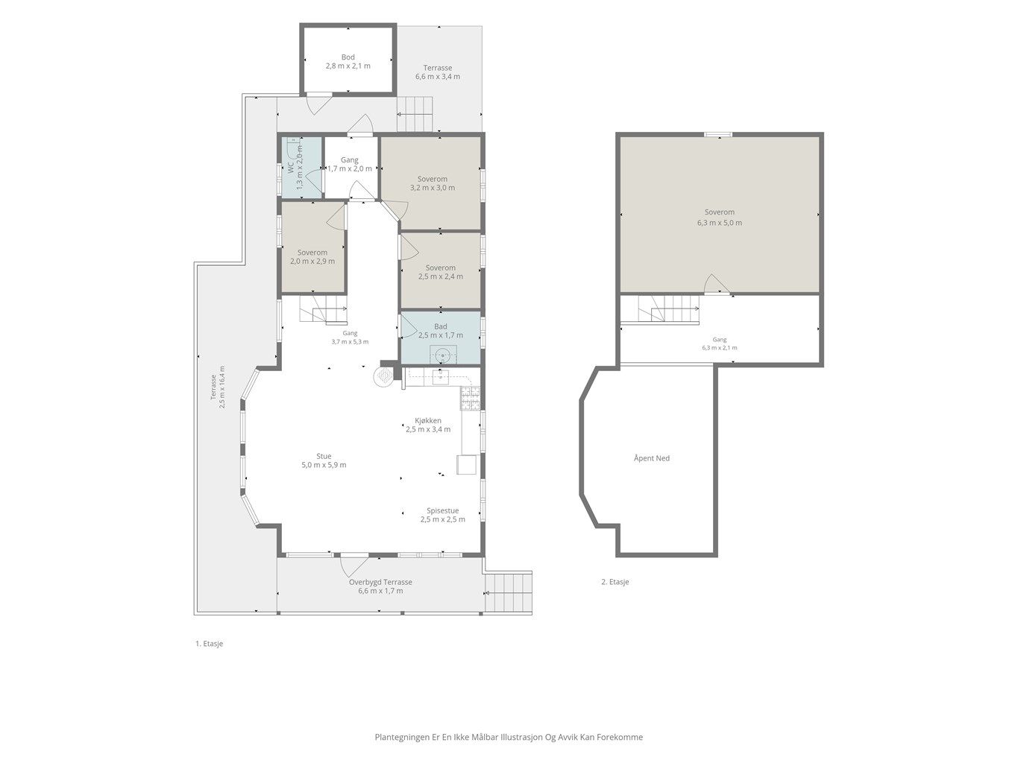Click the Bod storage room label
[348, 62]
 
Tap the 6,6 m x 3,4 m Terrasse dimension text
[437, 77]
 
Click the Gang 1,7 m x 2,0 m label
[349, 165]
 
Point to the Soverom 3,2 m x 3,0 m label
[433, 183]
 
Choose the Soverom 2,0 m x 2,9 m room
[312, 247]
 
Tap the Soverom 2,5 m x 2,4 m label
[440, 272]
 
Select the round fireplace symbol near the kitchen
[383, 377]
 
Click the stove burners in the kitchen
[470, 399]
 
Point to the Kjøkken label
[427, 421]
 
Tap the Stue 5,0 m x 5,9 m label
[324, 460]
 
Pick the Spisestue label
[442, 510]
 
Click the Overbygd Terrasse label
[380, 583]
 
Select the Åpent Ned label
[651, 458]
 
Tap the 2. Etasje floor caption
[615, 582]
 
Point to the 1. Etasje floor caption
[209, 644]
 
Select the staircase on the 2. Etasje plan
[667, 309]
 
